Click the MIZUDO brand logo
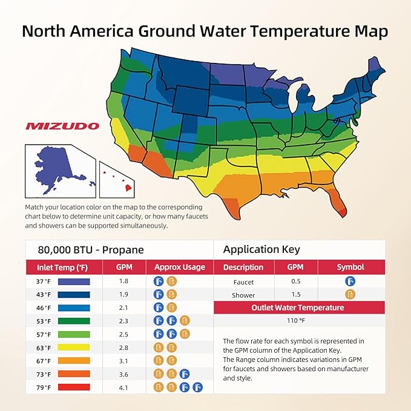62,126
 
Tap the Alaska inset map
59,169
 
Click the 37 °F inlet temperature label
44,281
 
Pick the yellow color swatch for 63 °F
74,347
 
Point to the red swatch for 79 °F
74,387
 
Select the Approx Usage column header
179,267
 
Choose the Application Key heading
261,249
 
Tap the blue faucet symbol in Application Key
350,281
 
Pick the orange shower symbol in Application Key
350,295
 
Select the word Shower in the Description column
243,295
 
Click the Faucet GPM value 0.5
295,281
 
